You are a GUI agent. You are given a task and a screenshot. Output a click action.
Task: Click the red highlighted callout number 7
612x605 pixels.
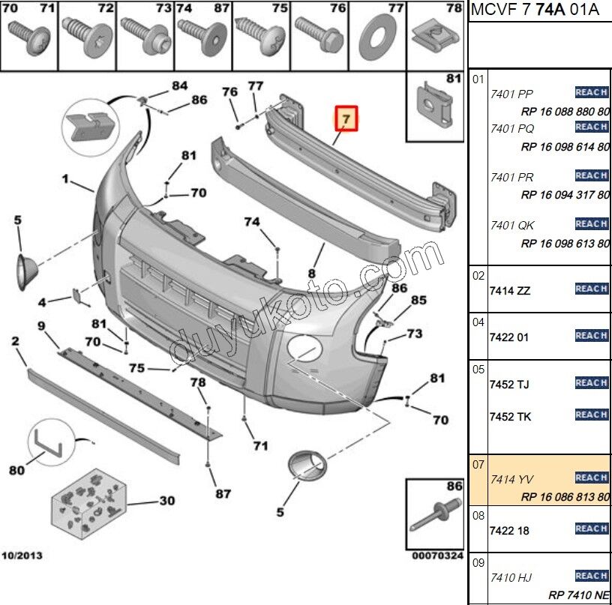pos(346,119)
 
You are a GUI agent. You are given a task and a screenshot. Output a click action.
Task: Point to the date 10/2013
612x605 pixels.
pos(22,556)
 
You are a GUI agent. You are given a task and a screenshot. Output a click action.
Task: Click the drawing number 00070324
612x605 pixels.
pos(438,556)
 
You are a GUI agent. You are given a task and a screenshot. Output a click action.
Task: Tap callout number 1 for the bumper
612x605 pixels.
pos(65,179)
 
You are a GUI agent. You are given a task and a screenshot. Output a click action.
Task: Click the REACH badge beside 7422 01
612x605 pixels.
pos(591,336)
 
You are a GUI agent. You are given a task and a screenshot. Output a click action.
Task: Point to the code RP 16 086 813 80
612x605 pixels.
pos(565,496)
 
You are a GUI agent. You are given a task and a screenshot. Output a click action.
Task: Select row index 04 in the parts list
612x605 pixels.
pos(478,322)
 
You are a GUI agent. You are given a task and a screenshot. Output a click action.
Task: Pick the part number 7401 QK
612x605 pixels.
pos(511,225)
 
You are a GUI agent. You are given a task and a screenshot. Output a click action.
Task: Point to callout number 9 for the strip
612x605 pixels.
pos(42,325)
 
